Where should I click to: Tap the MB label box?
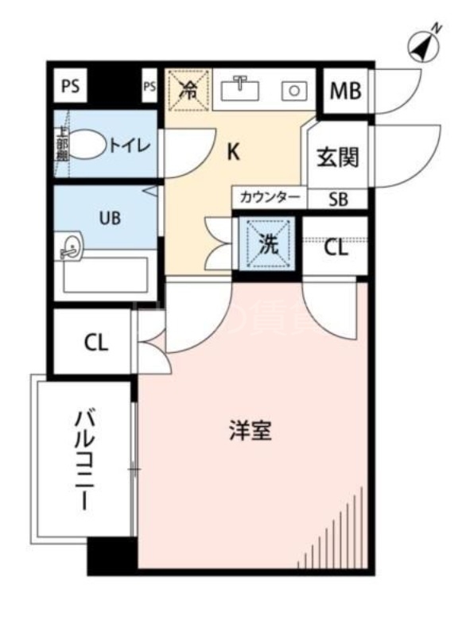[x=345, y=91]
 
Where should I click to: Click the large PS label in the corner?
[x=70, y=87]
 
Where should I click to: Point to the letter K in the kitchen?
[x=233, y=152]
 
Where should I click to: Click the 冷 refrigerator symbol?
[x=188, y=89]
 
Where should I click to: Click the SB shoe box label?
[x=338, y=199]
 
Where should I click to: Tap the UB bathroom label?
[x=110, y=217]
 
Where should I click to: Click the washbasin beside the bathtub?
[x=69, y=246]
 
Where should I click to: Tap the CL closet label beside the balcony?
[x=95, y=343]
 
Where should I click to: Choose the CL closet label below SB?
[x=336, y=247]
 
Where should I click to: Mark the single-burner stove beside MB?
[x=295, y=90]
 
